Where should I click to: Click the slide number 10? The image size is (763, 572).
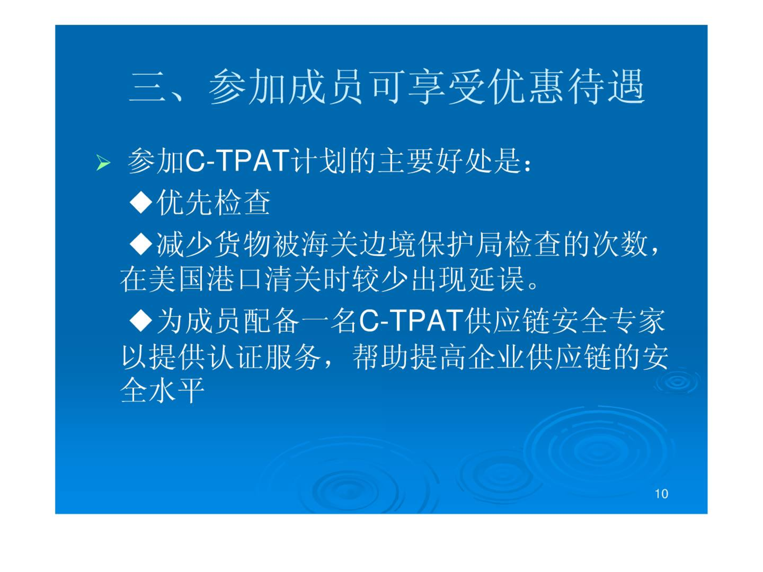pos(661,494)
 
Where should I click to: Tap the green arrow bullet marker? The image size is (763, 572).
pos(103,163)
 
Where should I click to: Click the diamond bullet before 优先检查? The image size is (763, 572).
pos(141,203)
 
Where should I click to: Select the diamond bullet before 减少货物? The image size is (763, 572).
pos(141,244)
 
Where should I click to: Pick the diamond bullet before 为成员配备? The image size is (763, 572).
pos(141,321)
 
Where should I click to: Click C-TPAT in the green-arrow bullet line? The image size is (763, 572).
pos(237,161)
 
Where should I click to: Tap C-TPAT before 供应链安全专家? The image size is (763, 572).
pos(411,321)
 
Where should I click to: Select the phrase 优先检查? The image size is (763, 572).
pos(214,203)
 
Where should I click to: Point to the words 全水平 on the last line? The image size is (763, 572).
pos(162,390)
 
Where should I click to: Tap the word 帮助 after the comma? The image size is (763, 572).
pos(381,357)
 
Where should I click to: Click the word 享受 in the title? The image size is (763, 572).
pos(447,87)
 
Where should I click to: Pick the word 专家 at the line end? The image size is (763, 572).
pos(637,321)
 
